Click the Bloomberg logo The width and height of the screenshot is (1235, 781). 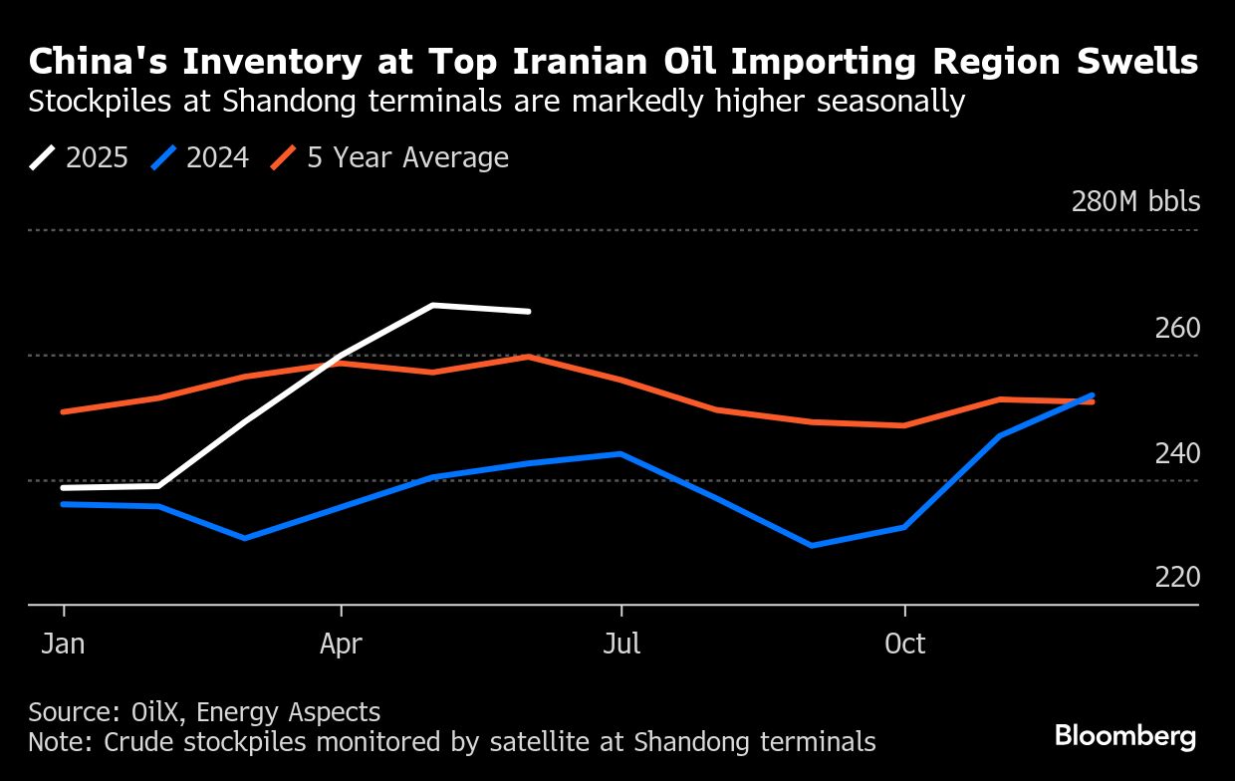coord(1125,737)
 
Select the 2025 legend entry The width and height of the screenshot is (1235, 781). coord(80,157)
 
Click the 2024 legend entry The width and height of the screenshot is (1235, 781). coord(200,157)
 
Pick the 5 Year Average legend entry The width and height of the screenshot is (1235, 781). coord(390,157)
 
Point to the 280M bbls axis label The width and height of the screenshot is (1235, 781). coord(1135,202)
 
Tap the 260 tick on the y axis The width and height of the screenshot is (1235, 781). coord(1177,329)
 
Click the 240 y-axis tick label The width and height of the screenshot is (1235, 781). coord(1177,453)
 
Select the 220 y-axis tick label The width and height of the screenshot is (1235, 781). coord(1177,578)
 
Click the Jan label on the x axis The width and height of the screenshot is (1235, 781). coord(63,645)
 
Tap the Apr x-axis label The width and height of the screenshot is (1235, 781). coord(341,645)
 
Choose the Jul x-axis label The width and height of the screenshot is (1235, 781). coord(621,645)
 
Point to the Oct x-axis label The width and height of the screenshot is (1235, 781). coord(904,645)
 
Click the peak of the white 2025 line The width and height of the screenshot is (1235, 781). coord(433,305)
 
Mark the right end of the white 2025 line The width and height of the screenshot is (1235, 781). coord(529,312)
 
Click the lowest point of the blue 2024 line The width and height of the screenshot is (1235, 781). coord(812,546)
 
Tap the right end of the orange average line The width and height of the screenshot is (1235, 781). coord(1093,401)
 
